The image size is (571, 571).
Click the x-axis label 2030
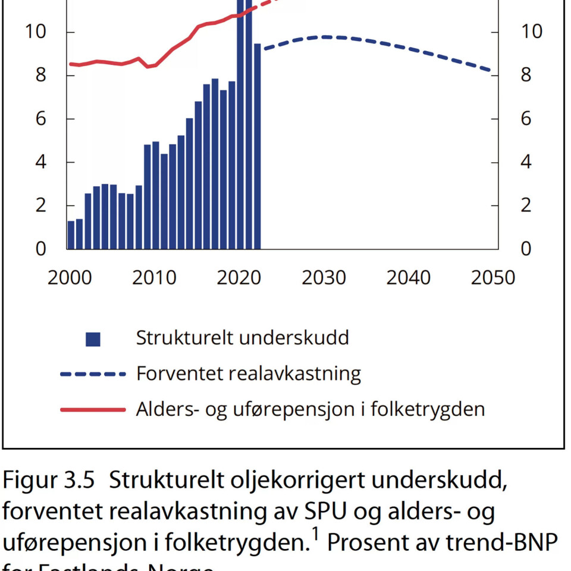(x=324, y=278)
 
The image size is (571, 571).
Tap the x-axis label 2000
(x=70, y=278)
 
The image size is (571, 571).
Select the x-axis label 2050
(x=492, y=278)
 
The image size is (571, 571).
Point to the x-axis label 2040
(x=409, y=278)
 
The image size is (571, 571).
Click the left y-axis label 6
(x=40, y=119)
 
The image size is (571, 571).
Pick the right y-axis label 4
(x=526, y=162)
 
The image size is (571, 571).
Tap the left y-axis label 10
(x=35, y=32)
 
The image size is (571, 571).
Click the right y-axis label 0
(x=526, y=249)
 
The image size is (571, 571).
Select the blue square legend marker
(x=93, y=339)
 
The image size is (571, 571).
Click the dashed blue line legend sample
(x=93, y=374)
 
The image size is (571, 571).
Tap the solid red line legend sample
(x=93, y=410)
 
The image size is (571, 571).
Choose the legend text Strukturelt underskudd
(x=242, y=338)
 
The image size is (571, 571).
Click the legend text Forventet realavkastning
(x=249, y=374)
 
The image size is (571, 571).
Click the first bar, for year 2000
(x=71, y=235)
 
